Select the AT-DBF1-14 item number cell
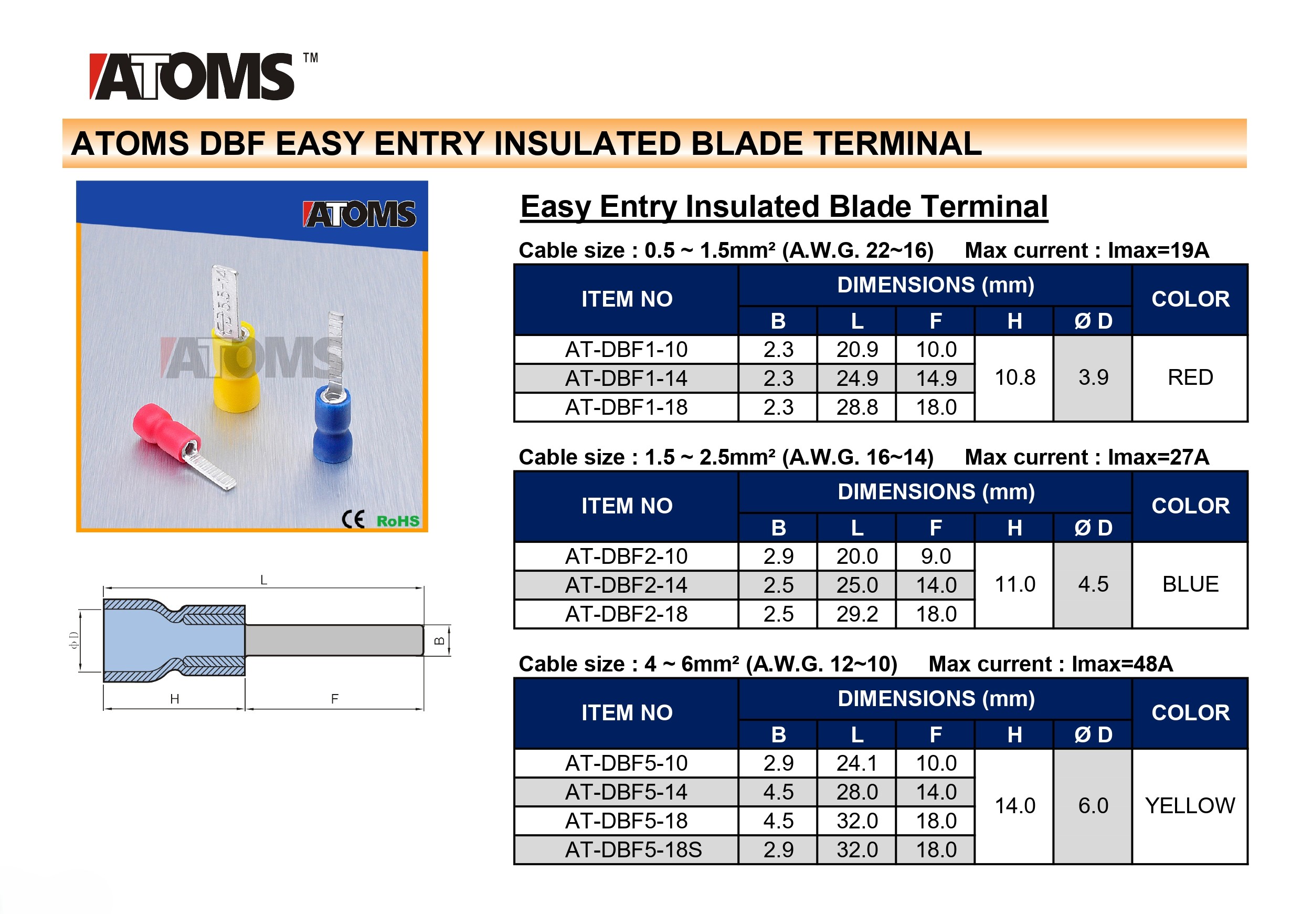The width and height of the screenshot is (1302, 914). pos(626,379)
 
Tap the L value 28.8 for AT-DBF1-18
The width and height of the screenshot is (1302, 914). pos(857,407)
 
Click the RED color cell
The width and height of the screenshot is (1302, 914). pos(1190,378)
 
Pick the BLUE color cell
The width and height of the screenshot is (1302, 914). pos(1190,584)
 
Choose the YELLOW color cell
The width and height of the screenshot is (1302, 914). pos(1190,806)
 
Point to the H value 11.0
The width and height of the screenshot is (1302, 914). pos(1014,584)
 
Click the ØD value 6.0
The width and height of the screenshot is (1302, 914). pos(1093,806)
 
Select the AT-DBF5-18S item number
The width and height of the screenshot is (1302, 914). pos(633,850)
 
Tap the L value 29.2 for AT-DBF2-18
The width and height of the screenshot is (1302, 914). pos(857,614)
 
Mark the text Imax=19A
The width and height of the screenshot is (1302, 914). pos(1159,251)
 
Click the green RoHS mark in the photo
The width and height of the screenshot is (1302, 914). pos(398,521)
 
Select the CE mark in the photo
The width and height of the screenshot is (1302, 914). pos(353,519)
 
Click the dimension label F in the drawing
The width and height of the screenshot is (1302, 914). pos(335,699)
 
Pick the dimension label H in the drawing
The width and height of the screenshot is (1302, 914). pos(175,699)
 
